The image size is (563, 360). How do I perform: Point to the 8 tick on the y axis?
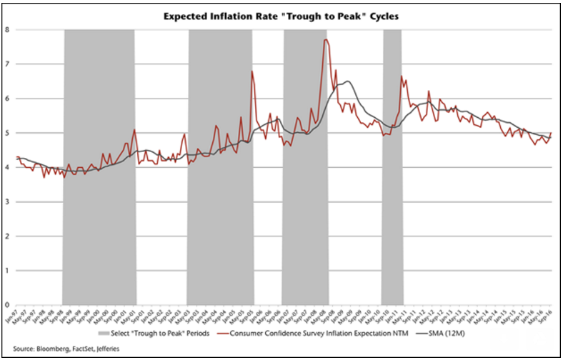pyautogui.click(x=6, y=30)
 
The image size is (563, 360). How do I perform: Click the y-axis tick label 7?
pyautogui.click(x=6, y=64)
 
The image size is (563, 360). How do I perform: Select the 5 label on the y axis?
pyautogui.click(x=6, y=133)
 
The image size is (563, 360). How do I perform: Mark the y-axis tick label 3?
pyautogui.click(x=6, y=201)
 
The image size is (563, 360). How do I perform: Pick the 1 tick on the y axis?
pyautogui.click(x=6, y=270)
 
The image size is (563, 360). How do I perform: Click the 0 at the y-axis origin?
pyautogui.click(x=6, y=304)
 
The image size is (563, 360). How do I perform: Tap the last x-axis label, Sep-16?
pyautogui.click(x=550, y=316)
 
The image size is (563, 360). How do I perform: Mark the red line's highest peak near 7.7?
pyautogui.click(x=326, y=40)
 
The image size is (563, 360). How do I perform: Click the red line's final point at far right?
pyautogui.click(x=551, y=134)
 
